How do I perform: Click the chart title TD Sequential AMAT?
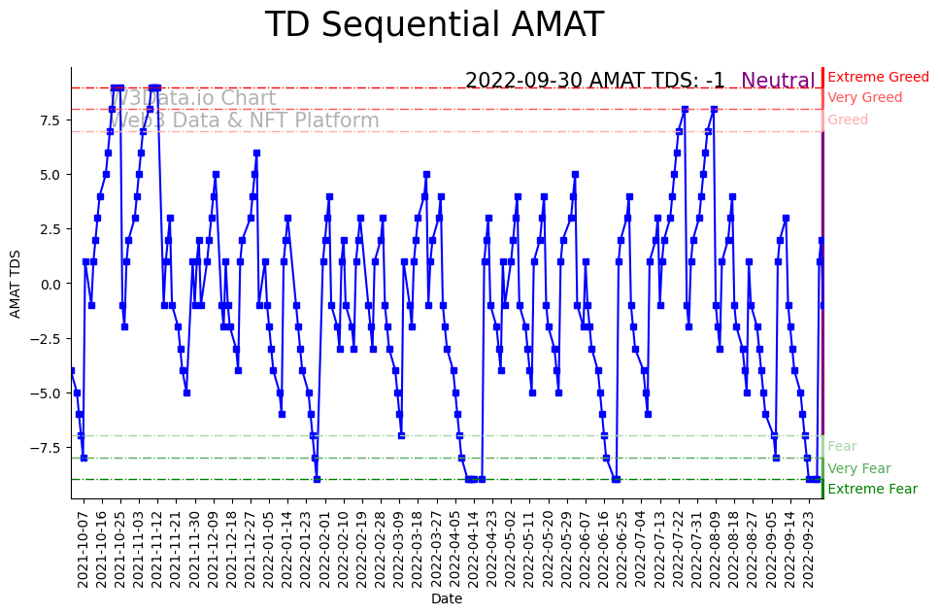click(434, 25)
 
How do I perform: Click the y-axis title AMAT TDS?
click(16, 283)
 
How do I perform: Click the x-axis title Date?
click(447, 598)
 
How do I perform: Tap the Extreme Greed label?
click(878, 77)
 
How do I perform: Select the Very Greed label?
click(864, 98)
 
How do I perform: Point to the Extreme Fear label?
click(872, 489)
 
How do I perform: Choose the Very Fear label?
click(858, 468)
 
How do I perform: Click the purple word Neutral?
click(778, 82)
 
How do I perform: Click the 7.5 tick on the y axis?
click(50, 120)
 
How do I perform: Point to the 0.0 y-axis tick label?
click(50, 284)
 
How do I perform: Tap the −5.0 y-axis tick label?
click(46, 393)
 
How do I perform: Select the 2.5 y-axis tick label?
click(50, 229)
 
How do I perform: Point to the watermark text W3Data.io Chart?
click(195, 98)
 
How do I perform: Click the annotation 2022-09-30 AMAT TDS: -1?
click(594, 82)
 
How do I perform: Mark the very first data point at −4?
click(71, 370)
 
